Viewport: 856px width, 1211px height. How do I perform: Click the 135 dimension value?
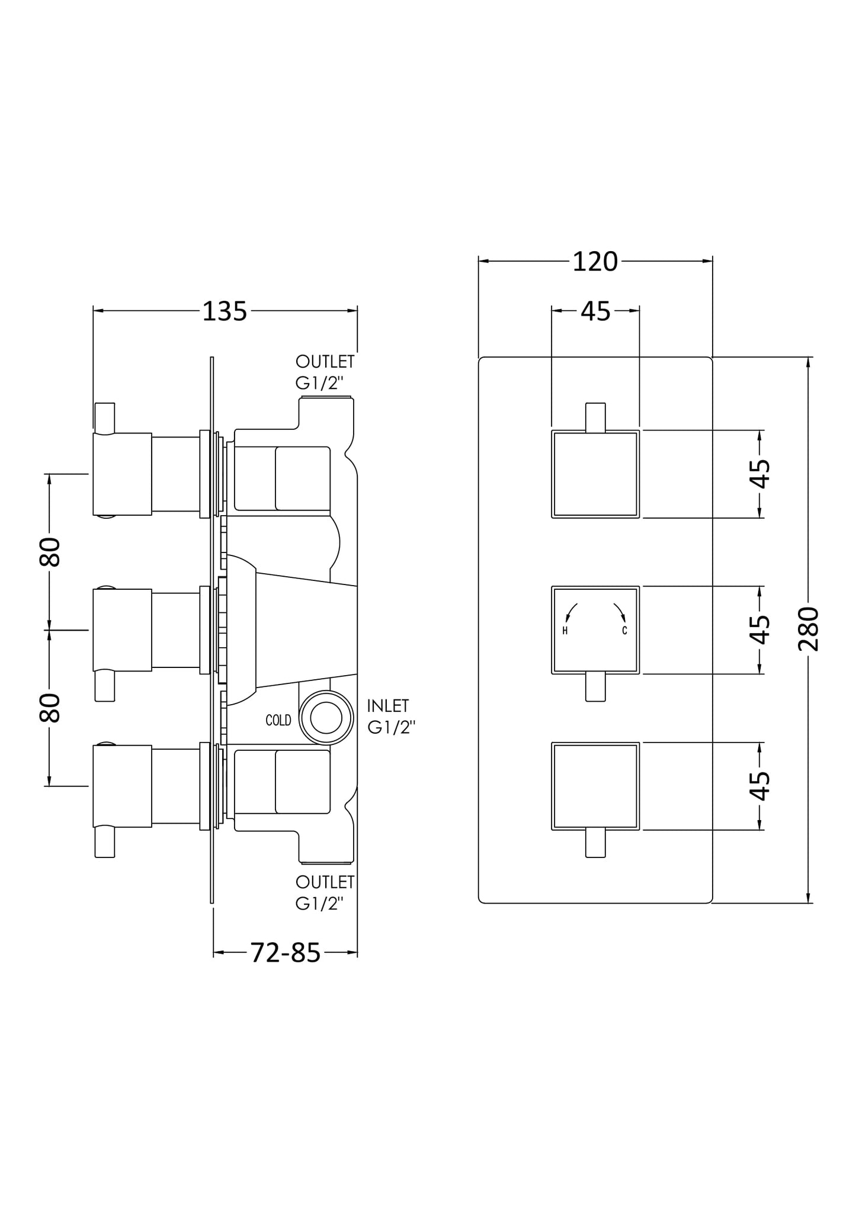[x=225, y=311]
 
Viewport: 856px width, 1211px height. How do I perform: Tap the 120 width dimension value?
[x=595, y=262]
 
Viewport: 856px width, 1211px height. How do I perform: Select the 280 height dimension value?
[x=809, y=629]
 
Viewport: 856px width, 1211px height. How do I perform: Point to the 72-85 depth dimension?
[x=286, y=953]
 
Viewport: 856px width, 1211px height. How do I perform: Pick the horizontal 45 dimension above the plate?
[x=595, y=311]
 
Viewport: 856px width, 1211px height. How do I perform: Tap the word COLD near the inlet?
[x=278, y=720]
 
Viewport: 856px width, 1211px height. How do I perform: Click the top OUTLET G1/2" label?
[x=325, y=372]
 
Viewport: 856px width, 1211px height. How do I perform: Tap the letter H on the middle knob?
[x=565, y=631]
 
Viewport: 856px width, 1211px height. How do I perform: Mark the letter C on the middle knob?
[x=624, y=631]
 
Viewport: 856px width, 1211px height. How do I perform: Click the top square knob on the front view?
[x=595, y=474]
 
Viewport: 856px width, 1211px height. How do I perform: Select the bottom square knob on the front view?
[x=595, y=785]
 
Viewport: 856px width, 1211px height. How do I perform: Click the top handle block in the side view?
[x=122, y=474]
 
